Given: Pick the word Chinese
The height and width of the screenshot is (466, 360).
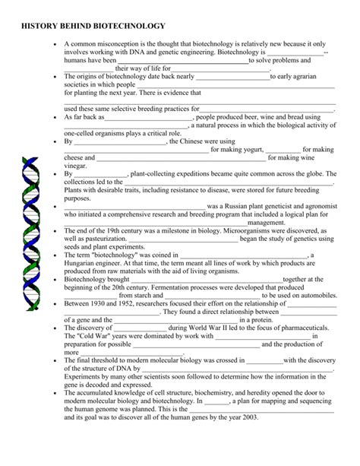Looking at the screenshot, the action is (x=194, y=141).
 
